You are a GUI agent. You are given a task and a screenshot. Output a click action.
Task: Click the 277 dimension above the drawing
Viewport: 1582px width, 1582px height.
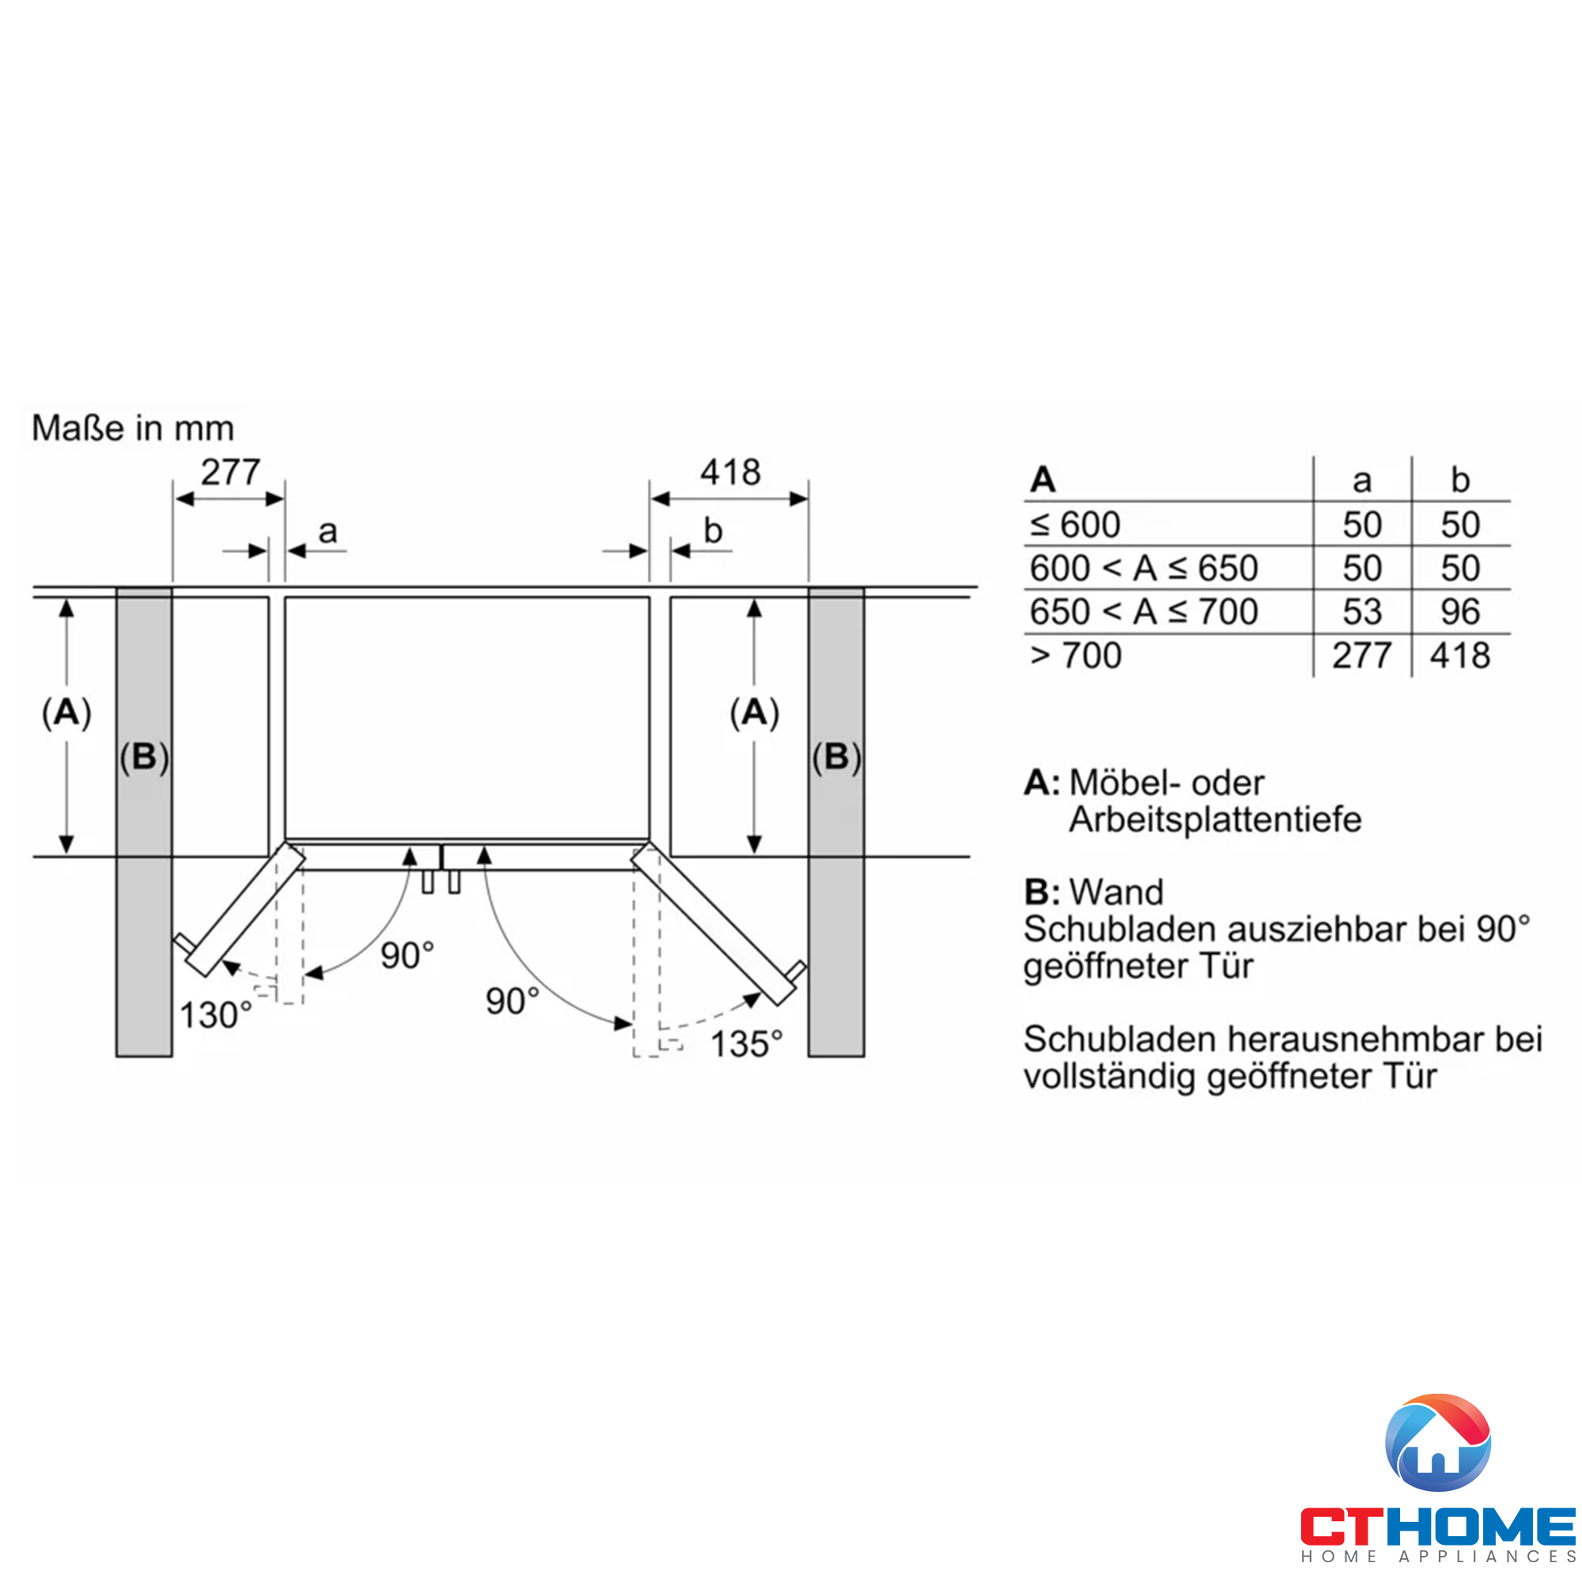(230, 472)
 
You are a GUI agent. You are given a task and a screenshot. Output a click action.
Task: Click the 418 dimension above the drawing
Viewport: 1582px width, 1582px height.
(730, 472)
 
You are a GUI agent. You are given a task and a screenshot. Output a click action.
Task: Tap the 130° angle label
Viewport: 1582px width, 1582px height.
(215, 1016)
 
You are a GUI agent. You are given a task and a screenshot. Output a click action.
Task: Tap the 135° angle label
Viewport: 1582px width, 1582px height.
(746, 1044)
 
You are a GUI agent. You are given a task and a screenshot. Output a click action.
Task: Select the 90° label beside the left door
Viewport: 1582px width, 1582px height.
(407, 956)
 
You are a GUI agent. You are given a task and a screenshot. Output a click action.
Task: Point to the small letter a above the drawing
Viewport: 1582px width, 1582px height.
(327, 532)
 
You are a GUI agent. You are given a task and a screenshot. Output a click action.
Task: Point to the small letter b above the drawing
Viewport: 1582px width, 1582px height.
(713, 532)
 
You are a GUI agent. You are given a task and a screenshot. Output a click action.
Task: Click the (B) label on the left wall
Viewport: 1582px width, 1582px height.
(144, 757)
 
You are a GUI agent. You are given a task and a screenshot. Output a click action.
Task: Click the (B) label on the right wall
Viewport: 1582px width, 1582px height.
(836, 757)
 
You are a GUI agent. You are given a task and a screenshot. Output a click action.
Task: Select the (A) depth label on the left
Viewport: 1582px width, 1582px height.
(66, 712)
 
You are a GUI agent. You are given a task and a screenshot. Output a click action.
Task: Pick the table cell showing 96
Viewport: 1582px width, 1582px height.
(1460, 611)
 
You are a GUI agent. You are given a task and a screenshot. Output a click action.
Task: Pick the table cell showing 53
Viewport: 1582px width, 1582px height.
(1362, 611)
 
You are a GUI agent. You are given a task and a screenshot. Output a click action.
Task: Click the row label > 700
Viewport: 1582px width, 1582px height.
(1075, 656)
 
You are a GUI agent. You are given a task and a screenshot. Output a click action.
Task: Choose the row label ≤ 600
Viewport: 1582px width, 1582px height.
(1075, 525)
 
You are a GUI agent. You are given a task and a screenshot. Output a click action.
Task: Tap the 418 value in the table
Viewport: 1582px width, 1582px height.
(1460, 656)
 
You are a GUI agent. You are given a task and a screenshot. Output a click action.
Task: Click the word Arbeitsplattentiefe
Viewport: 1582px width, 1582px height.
(1215, 819)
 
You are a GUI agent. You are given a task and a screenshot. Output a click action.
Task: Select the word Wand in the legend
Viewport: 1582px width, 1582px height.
(1116, 891)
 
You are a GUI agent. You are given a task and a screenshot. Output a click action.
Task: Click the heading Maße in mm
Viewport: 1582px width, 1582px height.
(133, 428)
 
